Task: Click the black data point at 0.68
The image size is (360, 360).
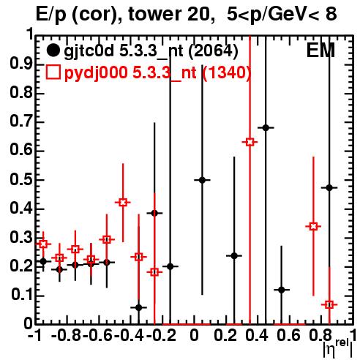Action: (266, 127)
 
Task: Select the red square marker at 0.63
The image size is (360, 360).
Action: (250, 142)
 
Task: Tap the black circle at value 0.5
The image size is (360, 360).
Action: (202, 180)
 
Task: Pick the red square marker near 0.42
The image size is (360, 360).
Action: (123, 202)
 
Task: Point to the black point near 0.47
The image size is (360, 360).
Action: (329, 188)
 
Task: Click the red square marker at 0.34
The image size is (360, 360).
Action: (313, 226)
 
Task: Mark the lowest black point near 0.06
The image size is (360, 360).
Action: (139, 307)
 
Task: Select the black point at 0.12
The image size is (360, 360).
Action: (282, 290)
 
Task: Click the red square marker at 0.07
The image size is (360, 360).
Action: (329, 304)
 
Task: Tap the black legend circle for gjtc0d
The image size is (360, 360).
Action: (53, 50)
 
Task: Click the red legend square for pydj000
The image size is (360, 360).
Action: (53, 72)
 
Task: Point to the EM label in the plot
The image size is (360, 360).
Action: (320, 50)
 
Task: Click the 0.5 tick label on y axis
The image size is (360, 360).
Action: (21, 180)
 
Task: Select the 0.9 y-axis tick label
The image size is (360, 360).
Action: (21, 64)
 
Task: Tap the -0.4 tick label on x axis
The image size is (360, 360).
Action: (129, 335)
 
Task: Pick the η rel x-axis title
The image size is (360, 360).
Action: (338, 348)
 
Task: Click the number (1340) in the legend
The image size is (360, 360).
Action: (227, 72)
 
